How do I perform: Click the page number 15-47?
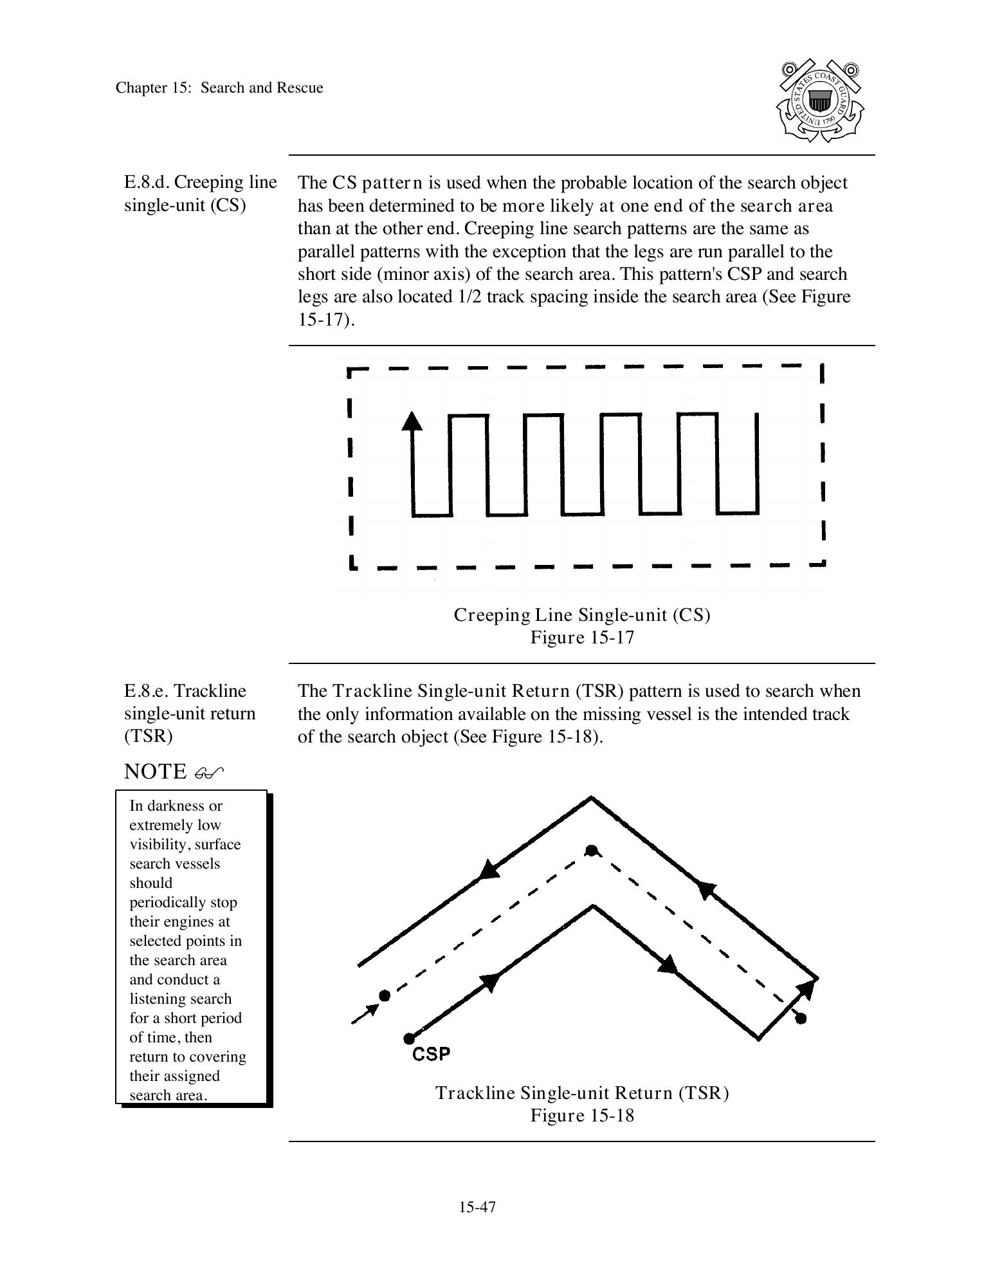(x=477, y=1207)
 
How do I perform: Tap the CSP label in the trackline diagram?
(x=431, y=1054)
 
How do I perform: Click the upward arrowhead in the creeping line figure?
(x=412, y=421)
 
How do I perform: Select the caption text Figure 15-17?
(x=582, y=638)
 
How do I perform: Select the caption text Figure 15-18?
(x=582, y=1115)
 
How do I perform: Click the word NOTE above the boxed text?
(x=155, y=771)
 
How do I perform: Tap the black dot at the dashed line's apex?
(x=591, y=851)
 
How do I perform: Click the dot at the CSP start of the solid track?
(x=409, y=1039)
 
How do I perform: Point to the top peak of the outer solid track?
(x=591, y=799)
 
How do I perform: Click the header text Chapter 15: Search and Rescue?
(x=219, y=88)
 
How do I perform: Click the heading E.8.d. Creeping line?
(x=200, y=183)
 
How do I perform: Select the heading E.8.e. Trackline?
(x=185, y=691)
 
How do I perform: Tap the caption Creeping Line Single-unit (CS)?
(x=582, y=615)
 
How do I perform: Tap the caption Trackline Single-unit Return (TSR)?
(x=582, y=1093)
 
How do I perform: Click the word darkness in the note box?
(x=178, y=806)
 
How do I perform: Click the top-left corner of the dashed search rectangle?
(x=349, y=371)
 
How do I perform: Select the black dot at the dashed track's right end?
(x=801, y=1019)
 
